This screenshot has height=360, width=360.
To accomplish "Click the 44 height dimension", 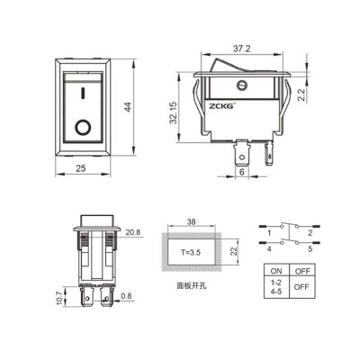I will [x=130, y=107].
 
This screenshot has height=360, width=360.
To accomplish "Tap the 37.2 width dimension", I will [x=242, y=47].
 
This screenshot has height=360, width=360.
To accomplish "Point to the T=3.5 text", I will [x=192, y=253].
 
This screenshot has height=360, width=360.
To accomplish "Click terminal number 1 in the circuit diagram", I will [x=269, y=230].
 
